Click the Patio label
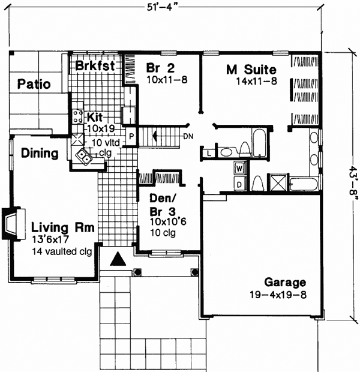coord(33,83)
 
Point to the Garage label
coord(284,283)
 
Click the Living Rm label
coord(62,228)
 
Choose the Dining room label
coord(40,154)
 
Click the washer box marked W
coord(239,167)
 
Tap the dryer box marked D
coord(239,184)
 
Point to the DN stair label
coord(188,136)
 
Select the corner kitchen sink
coord(82,158)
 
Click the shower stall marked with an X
coord(278,182)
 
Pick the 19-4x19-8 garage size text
coord(284,295)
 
